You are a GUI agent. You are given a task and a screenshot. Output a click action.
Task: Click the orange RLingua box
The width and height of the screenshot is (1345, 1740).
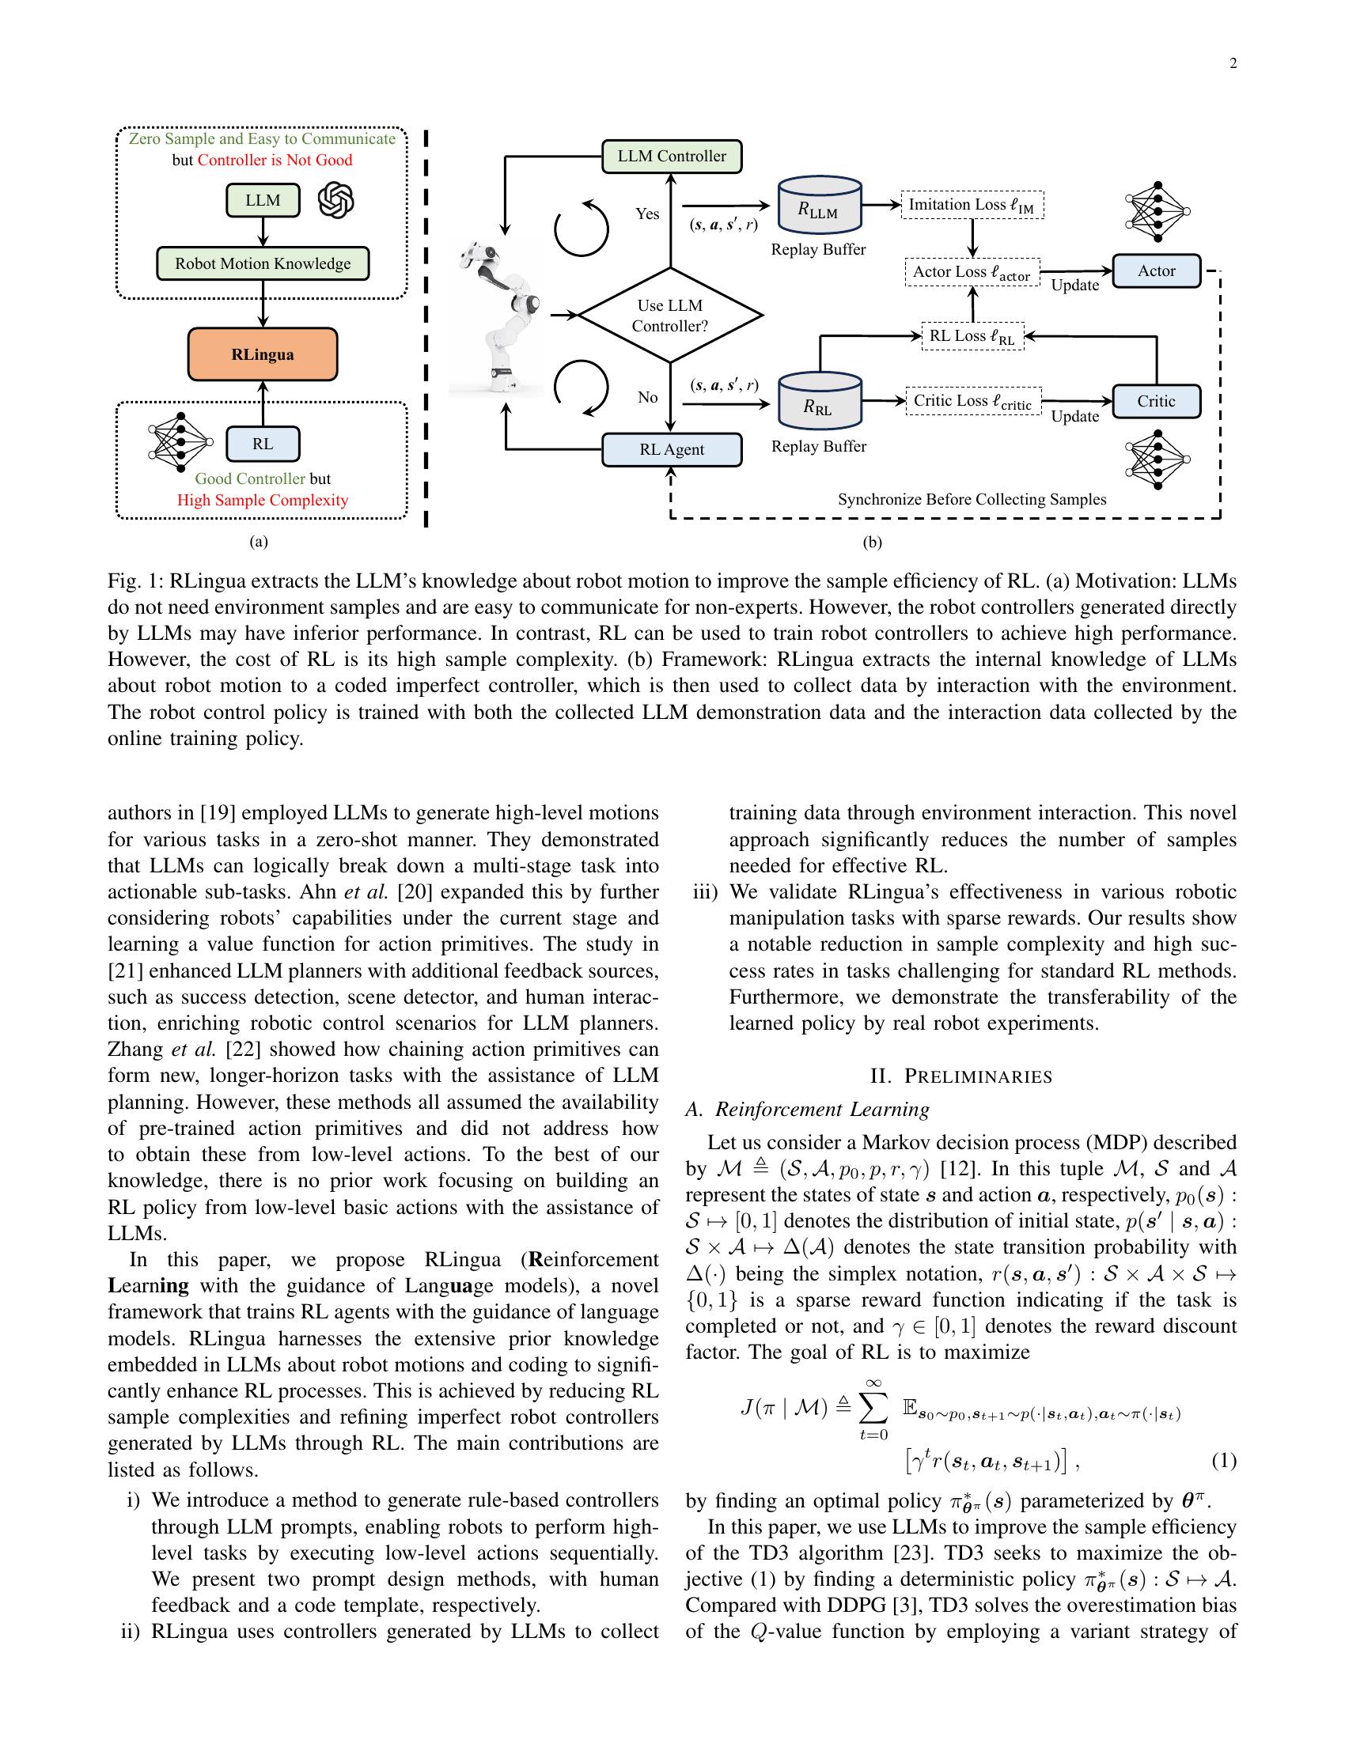(x=262, y=354)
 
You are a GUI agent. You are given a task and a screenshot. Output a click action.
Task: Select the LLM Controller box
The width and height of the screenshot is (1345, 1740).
(x=671, y=156)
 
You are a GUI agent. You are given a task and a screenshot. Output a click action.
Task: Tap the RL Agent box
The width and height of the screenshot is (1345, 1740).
(x=671, y=449)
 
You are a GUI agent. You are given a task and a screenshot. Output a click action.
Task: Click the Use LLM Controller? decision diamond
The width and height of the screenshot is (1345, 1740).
(x=670, y=316)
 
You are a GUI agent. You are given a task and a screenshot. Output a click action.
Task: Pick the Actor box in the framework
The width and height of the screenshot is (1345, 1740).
(x=1155, y=270)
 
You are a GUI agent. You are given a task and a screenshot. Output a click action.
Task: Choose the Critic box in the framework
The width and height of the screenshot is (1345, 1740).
(x=1155, y=401)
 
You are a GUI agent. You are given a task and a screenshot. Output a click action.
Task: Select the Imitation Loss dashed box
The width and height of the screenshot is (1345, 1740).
(x=972, y=205)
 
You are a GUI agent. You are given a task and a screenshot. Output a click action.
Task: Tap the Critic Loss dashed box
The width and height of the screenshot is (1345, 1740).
(x=972, y=401)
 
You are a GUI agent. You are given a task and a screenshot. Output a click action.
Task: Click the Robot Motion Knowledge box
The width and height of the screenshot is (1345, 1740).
(x=262, y=263)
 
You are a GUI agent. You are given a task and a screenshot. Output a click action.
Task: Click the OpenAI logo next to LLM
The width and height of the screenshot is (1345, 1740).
(x=335, y=200)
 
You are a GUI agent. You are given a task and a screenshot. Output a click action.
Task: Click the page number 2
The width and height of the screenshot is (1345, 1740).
(x=1233, y=65)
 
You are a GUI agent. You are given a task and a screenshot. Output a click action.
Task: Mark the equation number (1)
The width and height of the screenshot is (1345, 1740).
(x=1223, y=1460)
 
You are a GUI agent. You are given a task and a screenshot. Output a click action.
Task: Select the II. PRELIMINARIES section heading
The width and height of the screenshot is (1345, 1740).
(x=961, y=1076)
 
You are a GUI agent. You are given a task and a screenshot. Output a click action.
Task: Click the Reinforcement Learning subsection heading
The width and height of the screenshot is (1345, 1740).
(x=807, y=1109)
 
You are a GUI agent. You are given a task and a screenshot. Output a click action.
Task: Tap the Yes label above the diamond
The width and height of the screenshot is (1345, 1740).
(x=647, y=214)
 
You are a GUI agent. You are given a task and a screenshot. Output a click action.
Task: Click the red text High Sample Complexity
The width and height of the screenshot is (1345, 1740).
(x=262, y=501)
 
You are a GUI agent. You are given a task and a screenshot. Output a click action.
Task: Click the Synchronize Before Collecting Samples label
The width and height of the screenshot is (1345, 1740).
(x=972, y=500)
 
